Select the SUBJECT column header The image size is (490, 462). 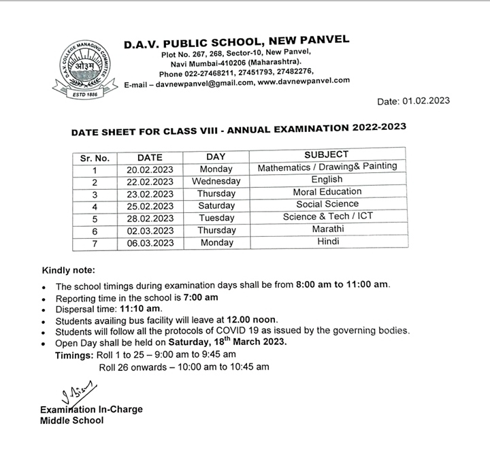point(326,155)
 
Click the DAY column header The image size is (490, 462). point(216,156)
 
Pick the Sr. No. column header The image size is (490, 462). point(95,157)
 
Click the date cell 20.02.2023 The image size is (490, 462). point(150,169)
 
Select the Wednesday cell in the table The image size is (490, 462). point(216,181)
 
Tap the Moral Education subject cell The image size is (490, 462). point(327,192)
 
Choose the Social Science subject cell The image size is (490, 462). point(327,204)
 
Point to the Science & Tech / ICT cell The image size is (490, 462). point(327,216)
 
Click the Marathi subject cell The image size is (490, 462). point(327,229)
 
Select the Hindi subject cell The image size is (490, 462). point(327,241)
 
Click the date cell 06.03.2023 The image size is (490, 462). point(150,243)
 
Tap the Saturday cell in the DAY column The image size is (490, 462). point(216,206)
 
